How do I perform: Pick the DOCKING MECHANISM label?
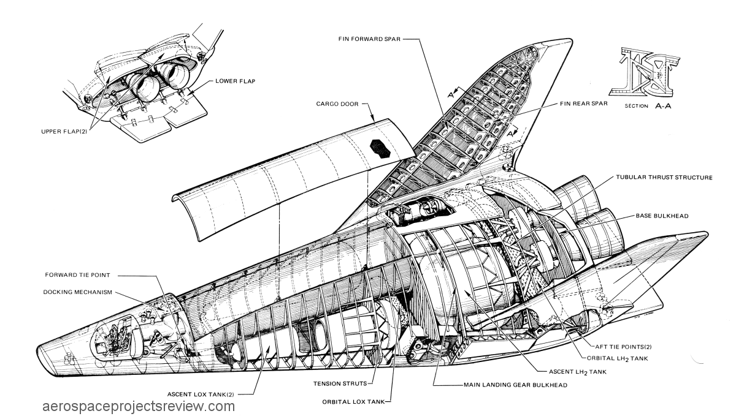(79, 292)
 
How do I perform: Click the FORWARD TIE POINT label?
(77, 274)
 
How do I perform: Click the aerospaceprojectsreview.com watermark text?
(139, 407)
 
